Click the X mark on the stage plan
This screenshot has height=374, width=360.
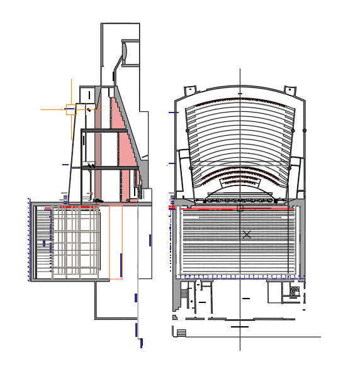[x=247, y=234]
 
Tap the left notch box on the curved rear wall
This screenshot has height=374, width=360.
[x=191, y=90]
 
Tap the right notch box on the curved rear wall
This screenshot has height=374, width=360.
[x=290, y=90]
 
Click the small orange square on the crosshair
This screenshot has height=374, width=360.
[x=71, y=110]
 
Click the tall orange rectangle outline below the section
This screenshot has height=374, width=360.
[x=116, y=242]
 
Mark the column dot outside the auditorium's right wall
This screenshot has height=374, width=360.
[x=305, y=130]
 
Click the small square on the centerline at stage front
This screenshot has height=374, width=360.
[x=240, y=208]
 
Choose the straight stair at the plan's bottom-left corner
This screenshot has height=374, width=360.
[x=181, y=333]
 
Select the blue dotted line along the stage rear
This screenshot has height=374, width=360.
[x=239, y=276]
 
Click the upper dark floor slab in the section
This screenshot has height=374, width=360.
[x=104, y=131]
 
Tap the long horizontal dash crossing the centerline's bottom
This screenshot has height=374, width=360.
[x=240, y=327]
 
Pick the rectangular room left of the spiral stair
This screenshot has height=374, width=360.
[x=276, y=291]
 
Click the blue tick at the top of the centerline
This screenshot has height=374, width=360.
[x=240, y=94]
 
